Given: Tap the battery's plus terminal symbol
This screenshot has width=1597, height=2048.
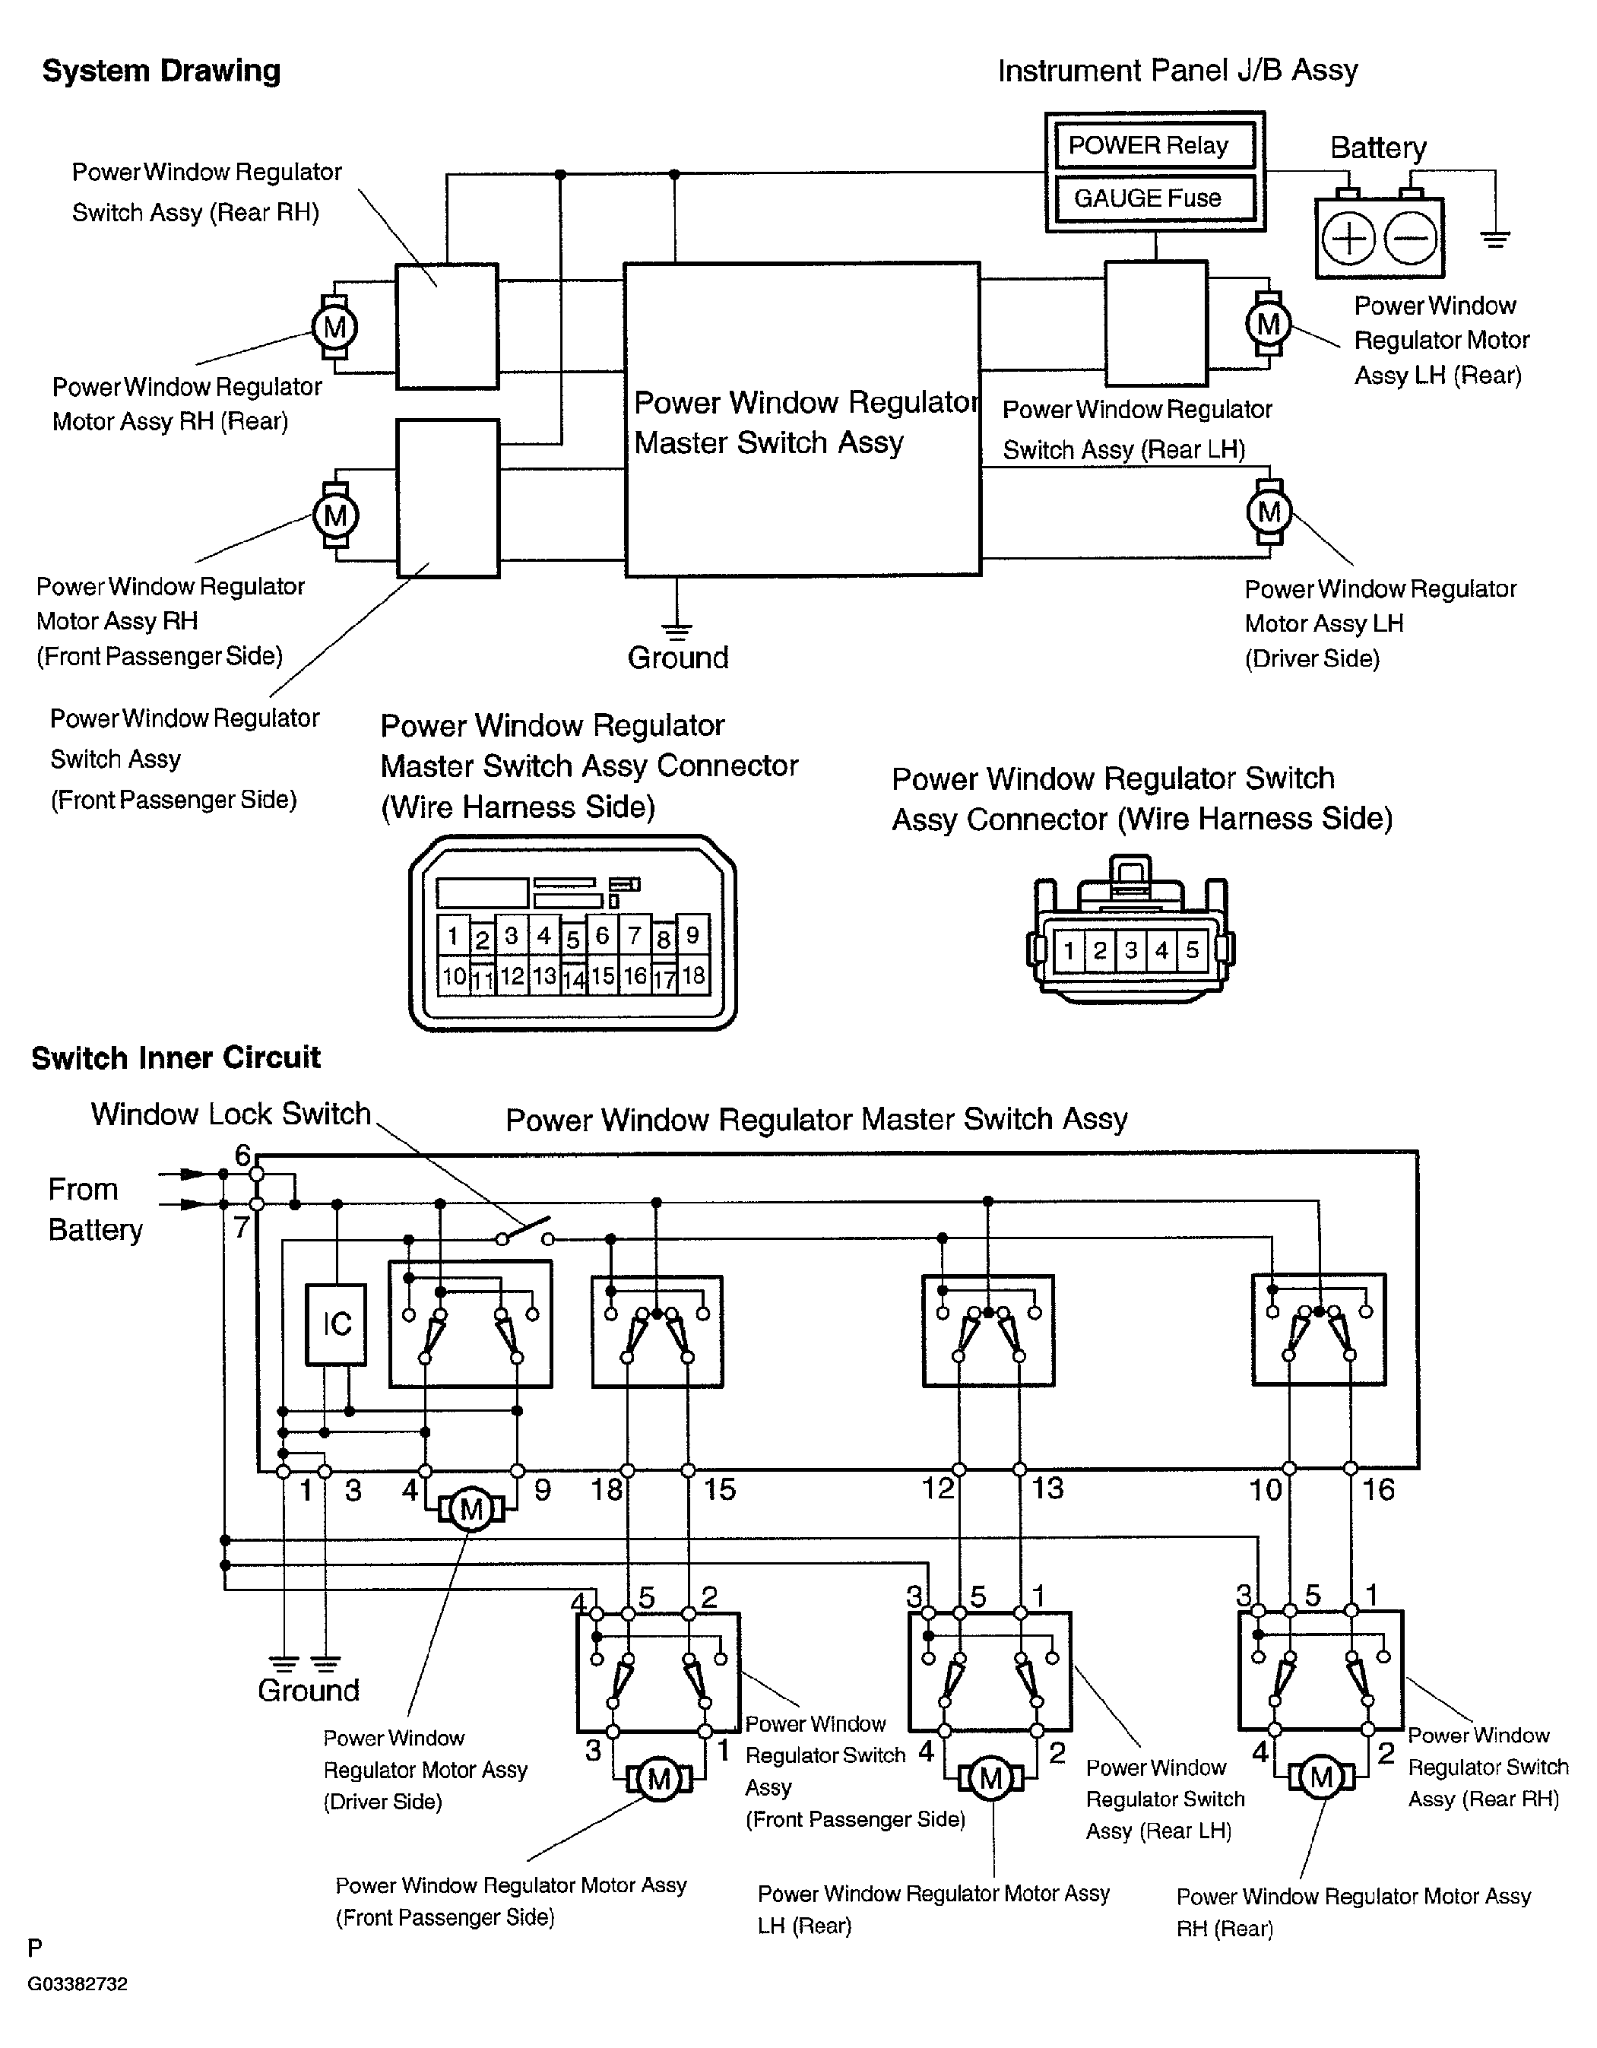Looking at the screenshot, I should click(x=1348, y=238).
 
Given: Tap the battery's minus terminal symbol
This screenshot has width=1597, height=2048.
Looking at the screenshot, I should click(x=1410, y=238).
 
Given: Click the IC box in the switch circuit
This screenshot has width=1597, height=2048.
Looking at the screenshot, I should click(x=337, y=1323).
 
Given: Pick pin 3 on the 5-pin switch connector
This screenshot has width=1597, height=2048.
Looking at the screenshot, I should click(x=1131, y=950).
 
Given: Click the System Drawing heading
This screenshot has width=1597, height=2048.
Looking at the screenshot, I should click(x=161, y=71).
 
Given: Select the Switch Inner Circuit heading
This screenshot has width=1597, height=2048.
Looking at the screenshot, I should click(x=176, y=1057).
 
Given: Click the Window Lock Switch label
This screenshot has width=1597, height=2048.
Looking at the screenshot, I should click(x=230, y=1114).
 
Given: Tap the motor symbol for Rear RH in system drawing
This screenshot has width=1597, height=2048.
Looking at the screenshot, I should click(x=334, y=327).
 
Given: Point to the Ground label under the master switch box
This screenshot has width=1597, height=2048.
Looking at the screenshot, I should click(x=678, y=658).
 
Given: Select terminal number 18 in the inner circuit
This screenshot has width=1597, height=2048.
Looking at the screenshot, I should click(x=606, y=1489).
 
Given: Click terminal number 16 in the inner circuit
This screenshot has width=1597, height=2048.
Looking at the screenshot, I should click(x=1377, y=1489).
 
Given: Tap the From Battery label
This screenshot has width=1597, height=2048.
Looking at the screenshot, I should click(x=95, y=1209).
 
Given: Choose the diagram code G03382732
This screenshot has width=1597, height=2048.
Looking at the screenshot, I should click(x=77, y=1983).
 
